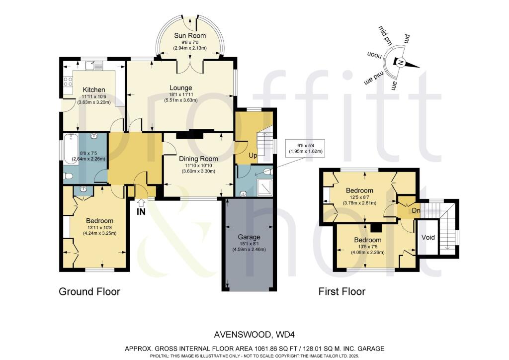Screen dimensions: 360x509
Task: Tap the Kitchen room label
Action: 94,90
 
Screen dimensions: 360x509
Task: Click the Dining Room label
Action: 198,159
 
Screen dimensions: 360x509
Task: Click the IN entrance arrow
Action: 141,203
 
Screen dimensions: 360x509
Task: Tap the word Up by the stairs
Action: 253,156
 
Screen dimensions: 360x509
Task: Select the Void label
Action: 428,238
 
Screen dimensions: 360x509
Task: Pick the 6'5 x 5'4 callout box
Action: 304,148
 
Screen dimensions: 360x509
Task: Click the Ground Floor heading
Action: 89,291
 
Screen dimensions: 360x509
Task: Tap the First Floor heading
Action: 342,291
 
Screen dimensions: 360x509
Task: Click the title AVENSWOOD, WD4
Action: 254,336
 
